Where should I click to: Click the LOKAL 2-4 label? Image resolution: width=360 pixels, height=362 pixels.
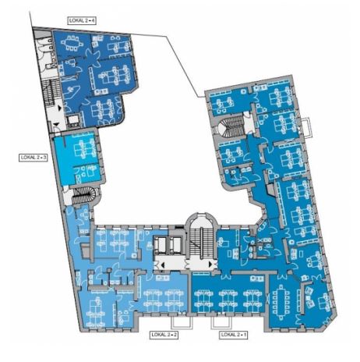pyautogui.click(x=82, y=20)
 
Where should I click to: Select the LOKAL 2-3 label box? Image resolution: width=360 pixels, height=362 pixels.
pyautogui.click(x=34, y=158)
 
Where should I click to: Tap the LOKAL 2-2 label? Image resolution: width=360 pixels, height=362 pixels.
pyautogui.click(x=164, y=335)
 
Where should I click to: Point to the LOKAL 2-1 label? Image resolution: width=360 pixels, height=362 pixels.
pyautogui.click(x=233, y=335)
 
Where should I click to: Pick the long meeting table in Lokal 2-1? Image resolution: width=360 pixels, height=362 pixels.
pyautogui.click(x=281, y=302)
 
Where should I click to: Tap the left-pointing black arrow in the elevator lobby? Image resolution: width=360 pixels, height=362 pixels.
pyautogui.click(x=163, y=265)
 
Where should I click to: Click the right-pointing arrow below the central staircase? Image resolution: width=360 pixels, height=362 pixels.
pyautogui.click(x=210, y=264)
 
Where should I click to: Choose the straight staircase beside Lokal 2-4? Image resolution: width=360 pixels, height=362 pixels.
pyautogui.click(x=51, y=92)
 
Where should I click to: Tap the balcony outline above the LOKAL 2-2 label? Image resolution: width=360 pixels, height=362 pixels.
pyautogui.click(x=182, y=322)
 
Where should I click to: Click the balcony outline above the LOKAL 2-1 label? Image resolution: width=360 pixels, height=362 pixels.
pyautogui.click(x=221, y=322)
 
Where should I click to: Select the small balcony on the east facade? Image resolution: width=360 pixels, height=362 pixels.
pyautogui.click(x=306, y=127)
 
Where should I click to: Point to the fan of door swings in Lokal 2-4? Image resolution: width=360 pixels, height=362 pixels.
pyautogui.click(x=93, y=57)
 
